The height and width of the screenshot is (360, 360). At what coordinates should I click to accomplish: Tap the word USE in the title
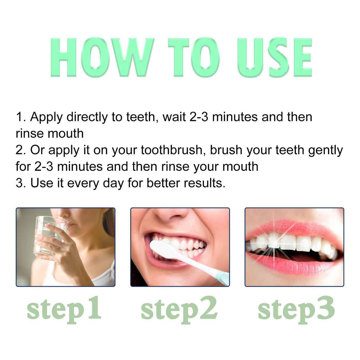click(x=274, y=57)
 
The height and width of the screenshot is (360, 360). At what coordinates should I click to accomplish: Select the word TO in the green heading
click(x=194, y=57)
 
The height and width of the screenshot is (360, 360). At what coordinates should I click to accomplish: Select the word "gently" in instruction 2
click(x=325, y=151)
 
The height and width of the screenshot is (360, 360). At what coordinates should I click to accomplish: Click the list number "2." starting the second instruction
click(x=21, y=150)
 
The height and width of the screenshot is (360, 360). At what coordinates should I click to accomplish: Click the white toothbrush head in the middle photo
click(x=162, y=248)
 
